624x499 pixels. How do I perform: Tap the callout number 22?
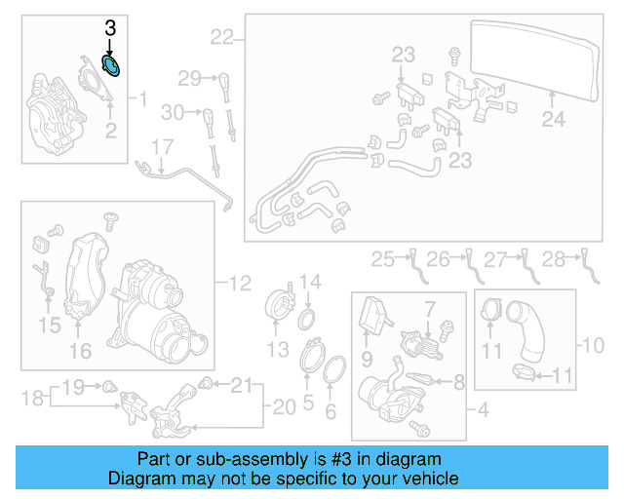coord(222,38)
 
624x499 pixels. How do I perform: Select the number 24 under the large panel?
coord(553,120)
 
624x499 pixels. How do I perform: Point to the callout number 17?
coord(161,147)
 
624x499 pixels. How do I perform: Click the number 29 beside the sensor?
coord(189,77)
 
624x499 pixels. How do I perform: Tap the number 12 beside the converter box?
coord(240,284)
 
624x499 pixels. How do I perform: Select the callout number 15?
coord(49,323)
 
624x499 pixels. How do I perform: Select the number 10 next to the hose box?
coord(593,345)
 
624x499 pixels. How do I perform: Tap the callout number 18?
coord(32,397)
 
